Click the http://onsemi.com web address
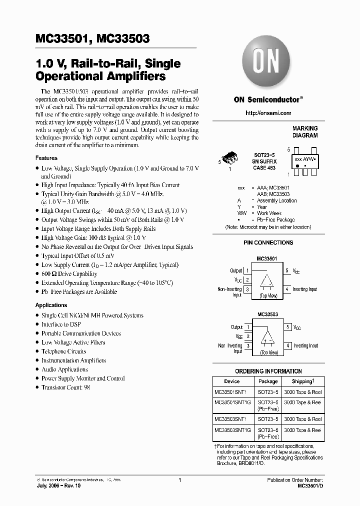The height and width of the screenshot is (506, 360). pos(268,113)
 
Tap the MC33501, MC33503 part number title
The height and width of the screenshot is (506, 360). pos(92,38)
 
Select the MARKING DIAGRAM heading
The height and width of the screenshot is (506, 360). pos(304,132)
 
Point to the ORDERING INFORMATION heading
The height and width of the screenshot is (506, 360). pos(268,371)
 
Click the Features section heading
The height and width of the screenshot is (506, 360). pos(46,158)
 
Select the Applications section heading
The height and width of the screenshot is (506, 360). pos(51,305)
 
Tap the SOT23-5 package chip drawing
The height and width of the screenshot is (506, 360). pos(232,159)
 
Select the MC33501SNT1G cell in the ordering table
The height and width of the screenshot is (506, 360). pos(233,402)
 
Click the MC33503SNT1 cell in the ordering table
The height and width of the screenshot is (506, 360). pos(233,419)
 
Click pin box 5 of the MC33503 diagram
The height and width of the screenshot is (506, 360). pos(287,327)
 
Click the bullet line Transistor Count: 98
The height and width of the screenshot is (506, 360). pos(65,387)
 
